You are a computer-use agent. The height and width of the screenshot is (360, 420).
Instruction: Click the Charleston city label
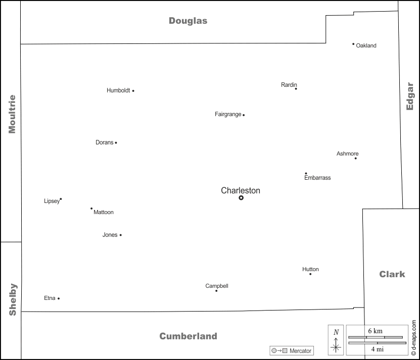click(x=241, y=190)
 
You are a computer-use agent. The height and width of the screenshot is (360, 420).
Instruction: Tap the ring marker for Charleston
click(x=241, y=198)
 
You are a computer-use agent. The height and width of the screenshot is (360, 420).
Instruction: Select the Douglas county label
click(x=188, y=21)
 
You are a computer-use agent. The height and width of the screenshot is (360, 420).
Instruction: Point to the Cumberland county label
click(x=188, y=336)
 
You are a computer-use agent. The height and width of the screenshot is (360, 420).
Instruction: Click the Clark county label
click(x=392, y=274)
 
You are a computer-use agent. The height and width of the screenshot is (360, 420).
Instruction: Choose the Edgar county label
click(x=410, y=96)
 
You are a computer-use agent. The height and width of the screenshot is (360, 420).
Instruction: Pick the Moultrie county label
click(x=12, y=114)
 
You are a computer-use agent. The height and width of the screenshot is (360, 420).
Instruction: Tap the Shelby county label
click(x=13, y=299)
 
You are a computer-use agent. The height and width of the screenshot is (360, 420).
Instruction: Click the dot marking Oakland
click(x=353, y=44)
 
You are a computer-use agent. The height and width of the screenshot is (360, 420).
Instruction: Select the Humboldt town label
click(x=118, y=91)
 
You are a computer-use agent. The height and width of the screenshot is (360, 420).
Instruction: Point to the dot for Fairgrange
click(x=244, y=115)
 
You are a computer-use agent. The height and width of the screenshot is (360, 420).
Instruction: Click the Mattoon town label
click(x=104, y=213)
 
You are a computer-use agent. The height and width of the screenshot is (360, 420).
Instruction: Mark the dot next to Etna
click(x=59, y=298)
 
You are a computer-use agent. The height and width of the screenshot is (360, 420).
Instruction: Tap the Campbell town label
click(x=217, y=286)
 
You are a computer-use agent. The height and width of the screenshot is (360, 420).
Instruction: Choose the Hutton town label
click(x=310, y=269)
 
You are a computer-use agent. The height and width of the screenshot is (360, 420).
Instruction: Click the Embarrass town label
click(x=317, y=178)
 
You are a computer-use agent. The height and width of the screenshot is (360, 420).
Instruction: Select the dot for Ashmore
click(x=355, y=158)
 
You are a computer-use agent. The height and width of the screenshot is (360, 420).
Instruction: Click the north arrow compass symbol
click(x=336, y=339)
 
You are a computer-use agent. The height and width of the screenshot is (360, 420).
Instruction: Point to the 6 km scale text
click(x=375, y=331)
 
